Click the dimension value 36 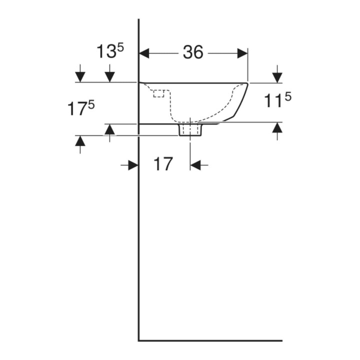(193, 52)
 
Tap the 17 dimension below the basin (163, 164)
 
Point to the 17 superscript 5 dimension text (81, 108)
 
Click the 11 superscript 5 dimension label (277, 100)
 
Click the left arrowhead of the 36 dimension (144, 53)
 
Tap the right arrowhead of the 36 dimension (242, 53)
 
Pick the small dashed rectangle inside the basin (158, 93)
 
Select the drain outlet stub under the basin (190, 130)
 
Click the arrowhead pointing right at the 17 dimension (133, 165)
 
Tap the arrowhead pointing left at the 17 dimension (195, 165)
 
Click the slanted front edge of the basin (240, 100)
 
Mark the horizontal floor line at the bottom (210, 340)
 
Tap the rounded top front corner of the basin (247, 83)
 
